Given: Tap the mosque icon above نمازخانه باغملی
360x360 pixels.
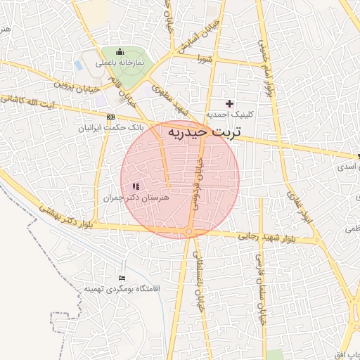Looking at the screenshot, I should pos(120,51).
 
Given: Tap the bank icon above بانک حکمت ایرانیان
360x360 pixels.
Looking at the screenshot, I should pos(110,117).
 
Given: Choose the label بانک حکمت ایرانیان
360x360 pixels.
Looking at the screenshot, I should pos(112,129).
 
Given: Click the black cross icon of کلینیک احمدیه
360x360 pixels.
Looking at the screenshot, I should pos(229,103).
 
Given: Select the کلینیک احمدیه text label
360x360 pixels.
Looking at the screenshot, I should pos(229,114).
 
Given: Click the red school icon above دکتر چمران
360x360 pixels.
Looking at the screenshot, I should pos(135,186).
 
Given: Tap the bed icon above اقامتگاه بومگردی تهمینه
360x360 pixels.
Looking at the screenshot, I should pos(123,278).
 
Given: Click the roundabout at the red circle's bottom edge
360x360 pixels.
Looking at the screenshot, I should pos(188,232).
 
